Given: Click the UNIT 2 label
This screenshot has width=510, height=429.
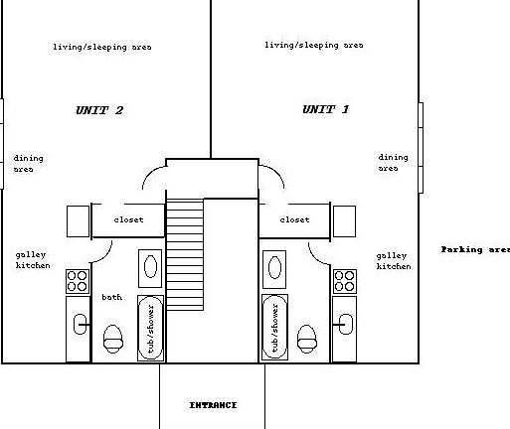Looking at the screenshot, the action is (99, 110).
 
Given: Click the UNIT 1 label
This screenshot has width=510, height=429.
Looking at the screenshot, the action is (325, 109).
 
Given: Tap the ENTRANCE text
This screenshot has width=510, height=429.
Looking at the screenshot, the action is (213, 405).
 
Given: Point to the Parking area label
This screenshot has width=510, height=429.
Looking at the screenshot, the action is (475, 249).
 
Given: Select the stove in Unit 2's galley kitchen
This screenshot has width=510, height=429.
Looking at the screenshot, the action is (78, 281).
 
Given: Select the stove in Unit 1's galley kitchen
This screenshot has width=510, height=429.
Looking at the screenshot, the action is (345, 281).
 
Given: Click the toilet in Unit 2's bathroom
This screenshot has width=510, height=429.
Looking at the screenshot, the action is (113, 339).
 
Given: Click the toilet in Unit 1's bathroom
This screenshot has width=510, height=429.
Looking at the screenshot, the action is (307, 339).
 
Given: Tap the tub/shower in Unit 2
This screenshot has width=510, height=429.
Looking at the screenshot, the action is (150, 328).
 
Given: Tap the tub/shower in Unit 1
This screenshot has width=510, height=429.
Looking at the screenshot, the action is (274, 328).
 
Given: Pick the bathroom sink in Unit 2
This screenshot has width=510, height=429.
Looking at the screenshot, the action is (150, 268).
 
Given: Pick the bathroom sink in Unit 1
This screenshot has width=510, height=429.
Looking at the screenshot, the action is (274, 269).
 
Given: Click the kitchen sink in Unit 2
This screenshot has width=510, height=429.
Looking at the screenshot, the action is (80, 325).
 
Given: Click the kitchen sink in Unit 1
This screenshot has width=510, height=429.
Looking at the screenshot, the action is (346, 324).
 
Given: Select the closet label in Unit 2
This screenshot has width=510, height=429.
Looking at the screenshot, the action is (128, 219).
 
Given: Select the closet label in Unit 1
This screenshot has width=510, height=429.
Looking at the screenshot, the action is (294, 219).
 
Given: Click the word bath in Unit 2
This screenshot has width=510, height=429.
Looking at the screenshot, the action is (111, 297).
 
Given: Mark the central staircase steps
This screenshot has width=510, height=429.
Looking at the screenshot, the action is (185, 254).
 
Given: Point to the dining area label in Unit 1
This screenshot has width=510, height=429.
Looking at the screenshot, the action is (393, 163).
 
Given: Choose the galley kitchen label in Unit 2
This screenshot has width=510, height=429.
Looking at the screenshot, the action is (33, 260).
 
